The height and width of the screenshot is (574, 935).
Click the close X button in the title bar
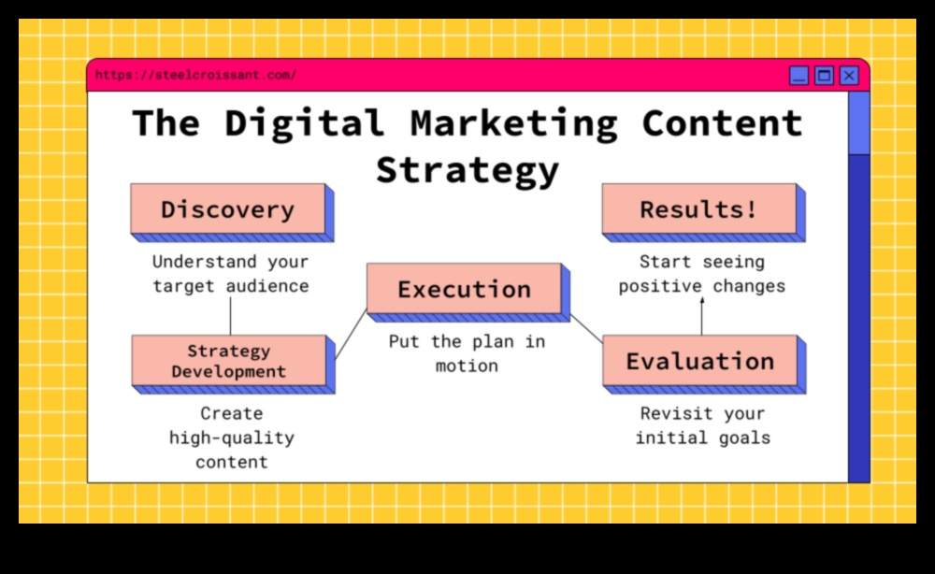pyautogui.click(x=849, y=76)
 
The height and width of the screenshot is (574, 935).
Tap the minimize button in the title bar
pyautogui.click(x=799, y=76)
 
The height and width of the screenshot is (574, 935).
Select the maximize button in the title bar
pyautogui.click(x=824, y=76)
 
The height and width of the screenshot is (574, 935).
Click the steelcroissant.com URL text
pyautogui.click(x=195, y=75)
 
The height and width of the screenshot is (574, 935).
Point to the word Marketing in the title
pyautogui.click(x=514, y=124)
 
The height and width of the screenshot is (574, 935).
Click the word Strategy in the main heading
pyautogui.click(x=467, y=170)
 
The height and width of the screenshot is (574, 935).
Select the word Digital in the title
pyautogui.click(x=304, y=124)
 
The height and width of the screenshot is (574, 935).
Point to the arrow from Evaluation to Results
pyautogui.click(x=702, y=316)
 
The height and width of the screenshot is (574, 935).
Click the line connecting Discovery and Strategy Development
pyautogui.click(x=231, y=316)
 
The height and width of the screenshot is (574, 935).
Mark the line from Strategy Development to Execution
pyautogui.click(x=352, y=335)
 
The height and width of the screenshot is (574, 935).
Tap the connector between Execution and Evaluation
pyautogui.click(x=586, y=328)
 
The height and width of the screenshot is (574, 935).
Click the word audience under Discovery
pyautogui.click(x=267, y=286)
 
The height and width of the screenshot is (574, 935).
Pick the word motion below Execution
pyautogui.click(x=467, y=366)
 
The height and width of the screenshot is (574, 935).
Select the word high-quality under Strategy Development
pyautogui.click(x=231, y=438)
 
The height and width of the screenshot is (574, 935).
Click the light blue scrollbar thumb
pyautogui.click(x=858, y=123)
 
